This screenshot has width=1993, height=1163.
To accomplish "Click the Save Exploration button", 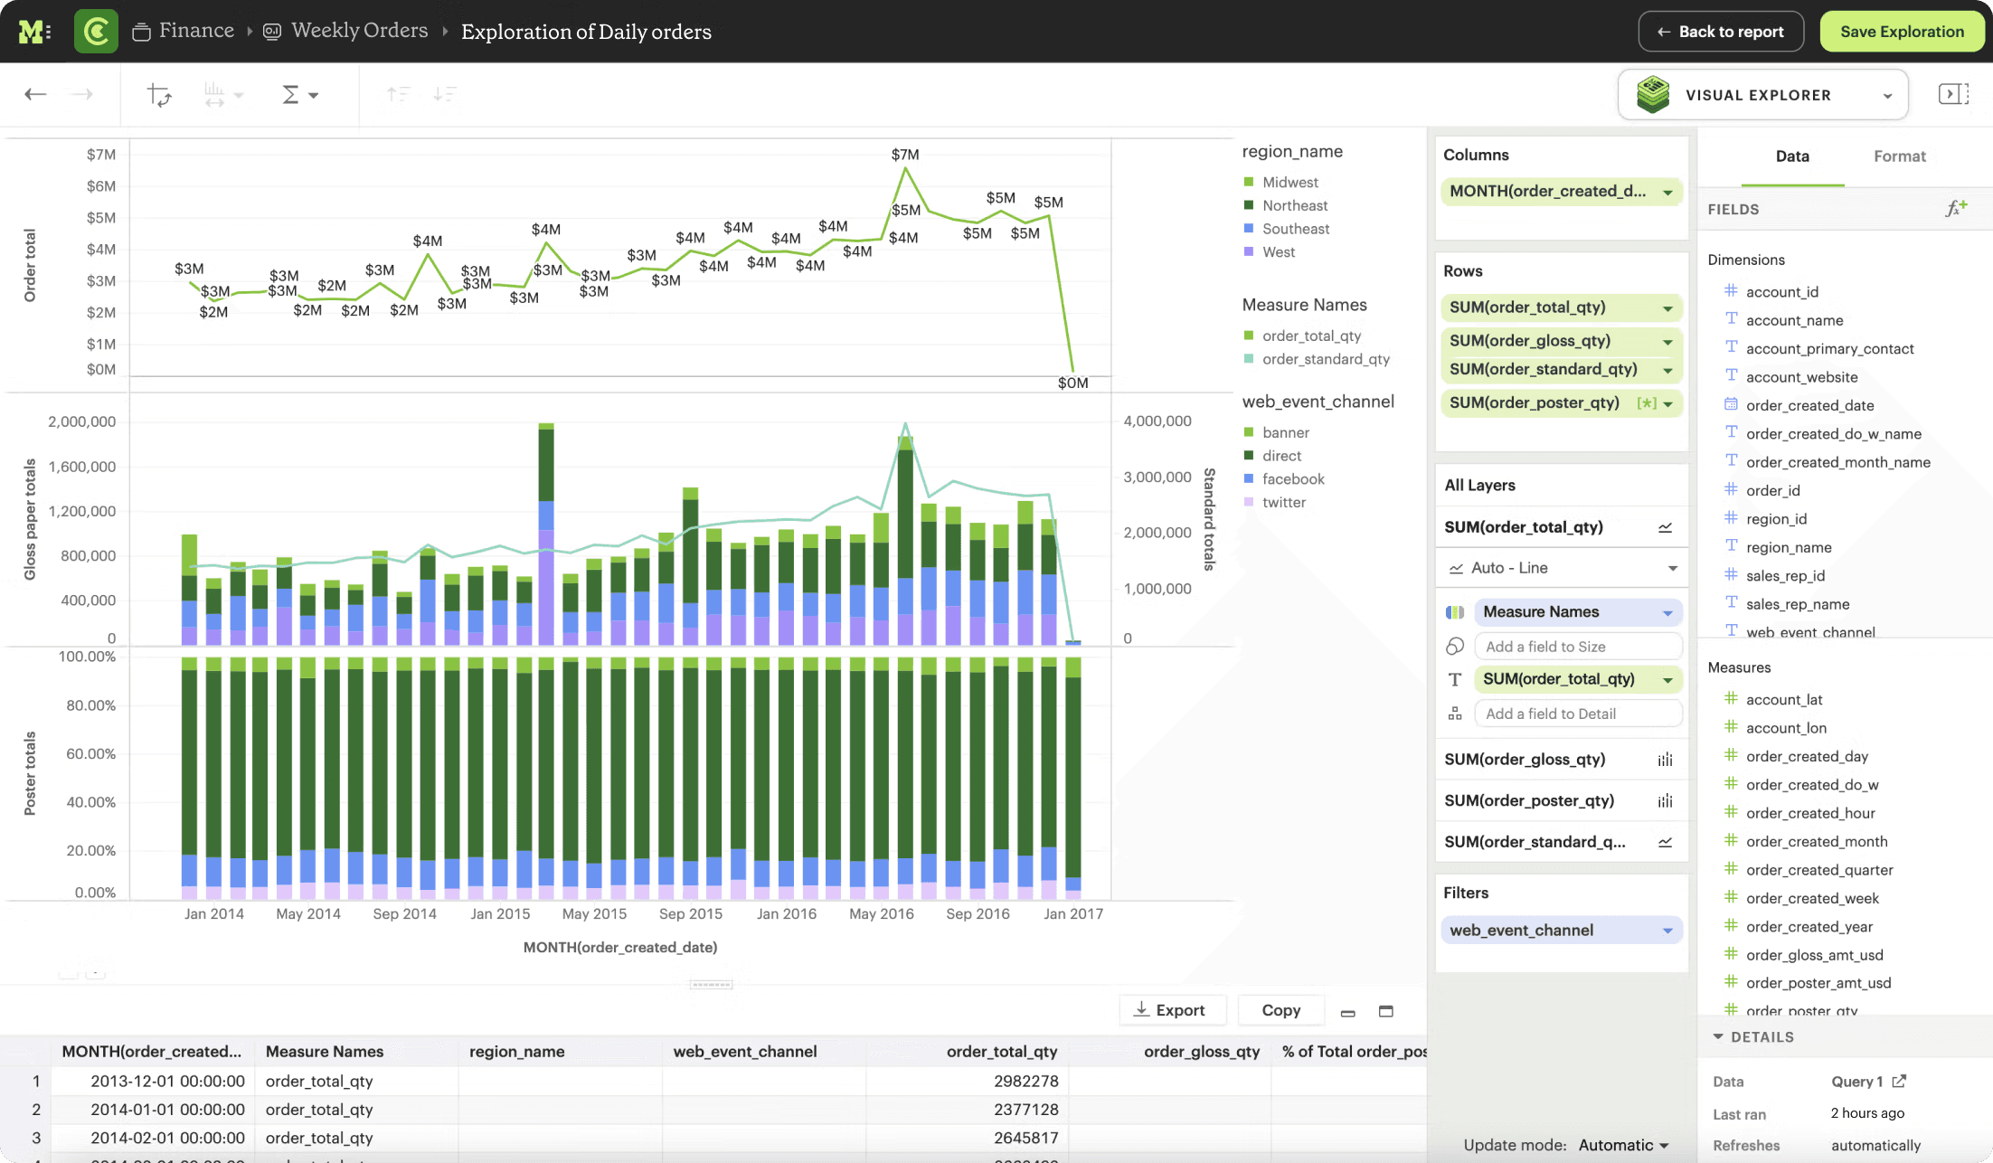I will click(x=1902, y=32).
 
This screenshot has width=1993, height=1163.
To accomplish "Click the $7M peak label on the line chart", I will click(x=905, y=155).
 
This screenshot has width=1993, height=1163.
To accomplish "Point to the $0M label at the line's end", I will click(x=1073, y=383).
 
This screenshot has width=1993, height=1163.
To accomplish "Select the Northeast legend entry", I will click(x=1295, y=206).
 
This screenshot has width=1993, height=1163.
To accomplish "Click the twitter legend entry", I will click(x=1284, y=503).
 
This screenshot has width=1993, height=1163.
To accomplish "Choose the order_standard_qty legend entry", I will click(x=1326, y=359).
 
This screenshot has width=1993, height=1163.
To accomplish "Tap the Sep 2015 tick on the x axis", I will click(x=691, y=914).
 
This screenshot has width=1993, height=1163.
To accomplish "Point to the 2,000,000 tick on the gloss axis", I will click(x=82, y=421).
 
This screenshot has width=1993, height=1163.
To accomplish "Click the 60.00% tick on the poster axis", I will click(x=90, y=754).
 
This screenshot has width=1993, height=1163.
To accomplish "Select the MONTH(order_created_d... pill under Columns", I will click(x=1548, y=192).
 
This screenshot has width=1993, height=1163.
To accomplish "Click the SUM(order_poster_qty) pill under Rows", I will click(x=1535, y=403).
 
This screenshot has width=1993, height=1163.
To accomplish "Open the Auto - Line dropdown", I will click(x=1562, y=568).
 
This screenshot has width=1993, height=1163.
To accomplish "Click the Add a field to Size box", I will click(x=1577, y=647).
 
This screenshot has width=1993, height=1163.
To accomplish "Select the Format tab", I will click(x=1899, y=156).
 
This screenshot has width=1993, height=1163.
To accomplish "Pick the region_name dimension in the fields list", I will click(x=1789, y=548).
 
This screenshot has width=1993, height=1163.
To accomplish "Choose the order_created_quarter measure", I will click(x=1819, y=870).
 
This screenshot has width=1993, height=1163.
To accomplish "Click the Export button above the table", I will click(x=1170, y=1010).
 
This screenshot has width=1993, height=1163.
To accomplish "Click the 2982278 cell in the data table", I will click(x=1025, y=1082).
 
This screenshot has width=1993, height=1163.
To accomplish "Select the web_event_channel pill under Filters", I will click(x=1522, y=931).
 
